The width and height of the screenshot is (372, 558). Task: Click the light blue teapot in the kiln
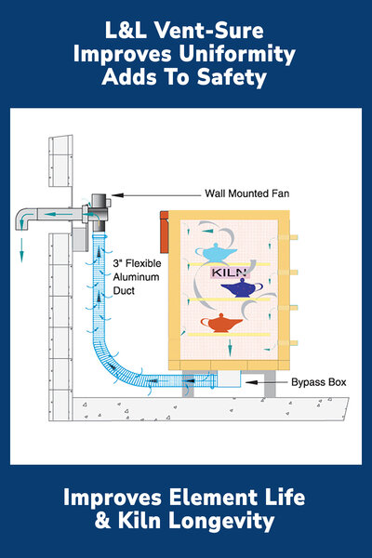pos(216,253)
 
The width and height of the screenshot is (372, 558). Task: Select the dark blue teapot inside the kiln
pos(242,288)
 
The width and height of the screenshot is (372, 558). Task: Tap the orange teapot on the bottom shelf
pos(221,323)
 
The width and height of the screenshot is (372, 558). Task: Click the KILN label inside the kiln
pos(230,272)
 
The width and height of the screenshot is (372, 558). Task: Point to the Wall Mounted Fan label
pos(247,193)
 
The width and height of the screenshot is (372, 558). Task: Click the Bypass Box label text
pos(319,382)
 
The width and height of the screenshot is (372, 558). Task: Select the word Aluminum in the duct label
pos(136,277)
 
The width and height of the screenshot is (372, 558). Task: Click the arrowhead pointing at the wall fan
pos(117,195)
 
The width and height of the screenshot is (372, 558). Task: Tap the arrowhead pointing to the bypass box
pos(251,382)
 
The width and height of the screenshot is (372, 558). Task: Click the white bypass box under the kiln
pos(230,379)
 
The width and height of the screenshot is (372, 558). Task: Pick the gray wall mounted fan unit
pos(99,211)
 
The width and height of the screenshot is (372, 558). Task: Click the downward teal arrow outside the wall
pos(21,250)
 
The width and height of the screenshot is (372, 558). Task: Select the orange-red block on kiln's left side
pos(164,232)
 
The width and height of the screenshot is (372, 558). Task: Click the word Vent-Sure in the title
pos(209,31)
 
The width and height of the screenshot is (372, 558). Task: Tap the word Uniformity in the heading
pos(237,54)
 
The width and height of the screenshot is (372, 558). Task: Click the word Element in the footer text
pos(213,498)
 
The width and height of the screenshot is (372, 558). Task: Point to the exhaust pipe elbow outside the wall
pos(25,219)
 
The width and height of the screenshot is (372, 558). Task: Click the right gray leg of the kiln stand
pos(270,383)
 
